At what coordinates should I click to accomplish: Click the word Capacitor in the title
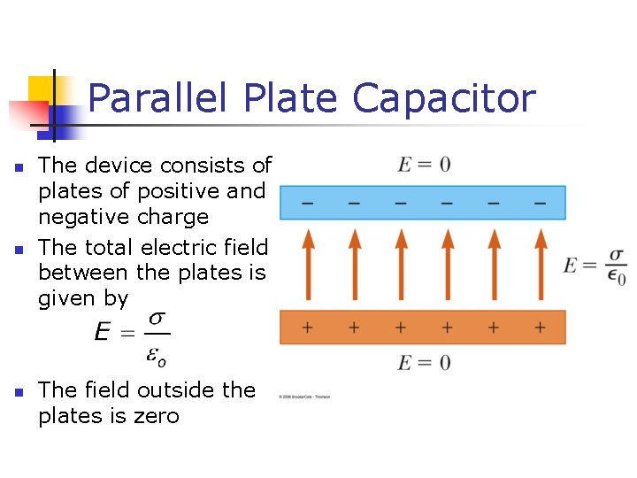tap(444, 99)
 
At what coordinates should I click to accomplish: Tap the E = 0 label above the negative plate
tap(424, 165)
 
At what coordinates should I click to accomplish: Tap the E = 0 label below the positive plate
tap(424, 362)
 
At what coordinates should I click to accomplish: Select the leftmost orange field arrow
tap(307, 264)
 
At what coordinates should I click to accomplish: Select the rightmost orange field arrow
tap(541, 264)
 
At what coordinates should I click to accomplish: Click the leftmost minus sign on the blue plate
tap(307, 204)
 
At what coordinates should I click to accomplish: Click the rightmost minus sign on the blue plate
tap(540, 204)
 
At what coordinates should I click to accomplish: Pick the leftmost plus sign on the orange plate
tap(307, 328)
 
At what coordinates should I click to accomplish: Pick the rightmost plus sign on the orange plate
tap(540, 328)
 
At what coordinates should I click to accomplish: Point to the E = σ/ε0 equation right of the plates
tap(595, 265)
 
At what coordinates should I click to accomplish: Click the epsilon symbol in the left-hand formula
tap(154, 357)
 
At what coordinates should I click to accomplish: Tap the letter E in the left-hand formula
tap(104, 334)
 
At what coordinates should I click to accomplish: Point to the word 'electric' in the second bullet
tap(192, 247)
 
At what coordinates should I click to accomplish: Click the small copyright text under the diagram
tap(305, 397)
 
